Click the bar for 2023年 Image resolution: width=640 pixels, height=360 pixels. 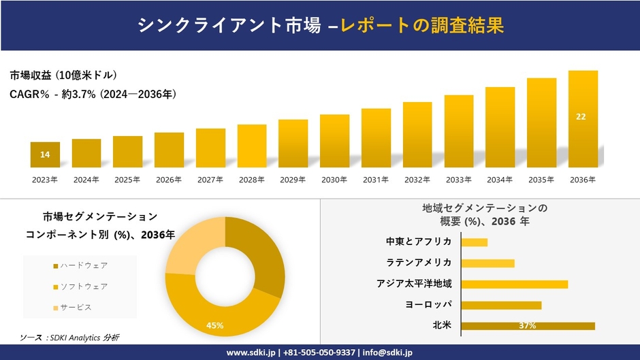45,154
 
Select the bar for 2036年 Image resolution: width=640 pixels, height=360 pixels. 583,119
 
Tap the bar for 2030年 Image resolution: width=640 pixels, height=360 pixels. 334,141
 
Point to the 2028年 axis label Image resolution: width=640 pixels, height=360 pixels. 252,180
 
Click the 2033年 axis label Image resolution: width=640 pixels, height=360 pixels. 458,180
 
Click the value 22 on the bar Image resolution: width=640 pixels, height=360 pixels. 581,117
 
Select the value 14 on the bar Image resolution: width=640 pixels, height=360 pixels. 45,155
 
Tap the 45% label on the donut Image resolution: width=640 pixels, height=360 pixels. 215,326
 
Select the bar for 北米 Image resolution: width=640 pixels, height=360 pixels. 528,326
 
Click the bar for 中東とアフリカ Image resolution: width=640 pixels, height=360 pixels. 475,242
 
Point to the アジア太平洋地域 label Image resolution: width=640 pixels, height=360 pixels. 414,284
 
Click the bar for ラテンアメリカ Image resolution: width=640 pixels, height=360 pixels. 487,263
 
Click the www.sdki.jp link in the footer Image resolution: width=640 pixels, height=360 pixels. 251,353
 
